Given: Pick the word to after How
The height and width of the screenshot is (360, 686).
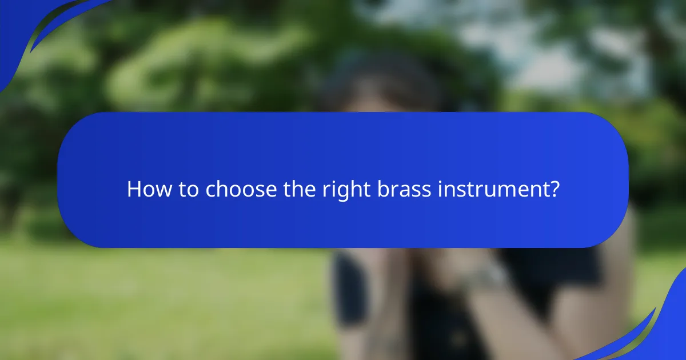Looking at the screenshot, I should tap(185, 189).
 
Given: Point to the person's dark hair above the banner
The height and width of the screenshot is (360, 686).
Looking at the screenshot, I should tap(377, 86).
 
